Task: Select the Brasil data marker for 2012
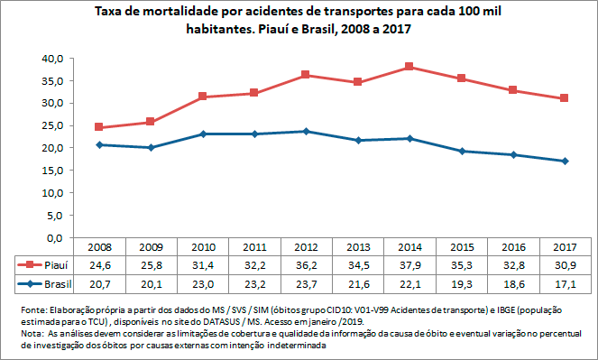point(306,131)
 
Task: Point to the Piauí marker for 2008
point(99,127)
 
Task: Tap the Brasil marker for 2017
point(565,161)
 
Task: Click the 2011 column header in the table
point(254,247)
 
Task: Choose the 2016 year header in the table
point(513,247)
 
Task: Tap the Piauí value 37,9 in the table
point(409,265)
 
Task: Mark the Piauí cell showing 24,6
point(99,265)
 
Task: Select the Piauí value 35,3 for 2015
point(462,265)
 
